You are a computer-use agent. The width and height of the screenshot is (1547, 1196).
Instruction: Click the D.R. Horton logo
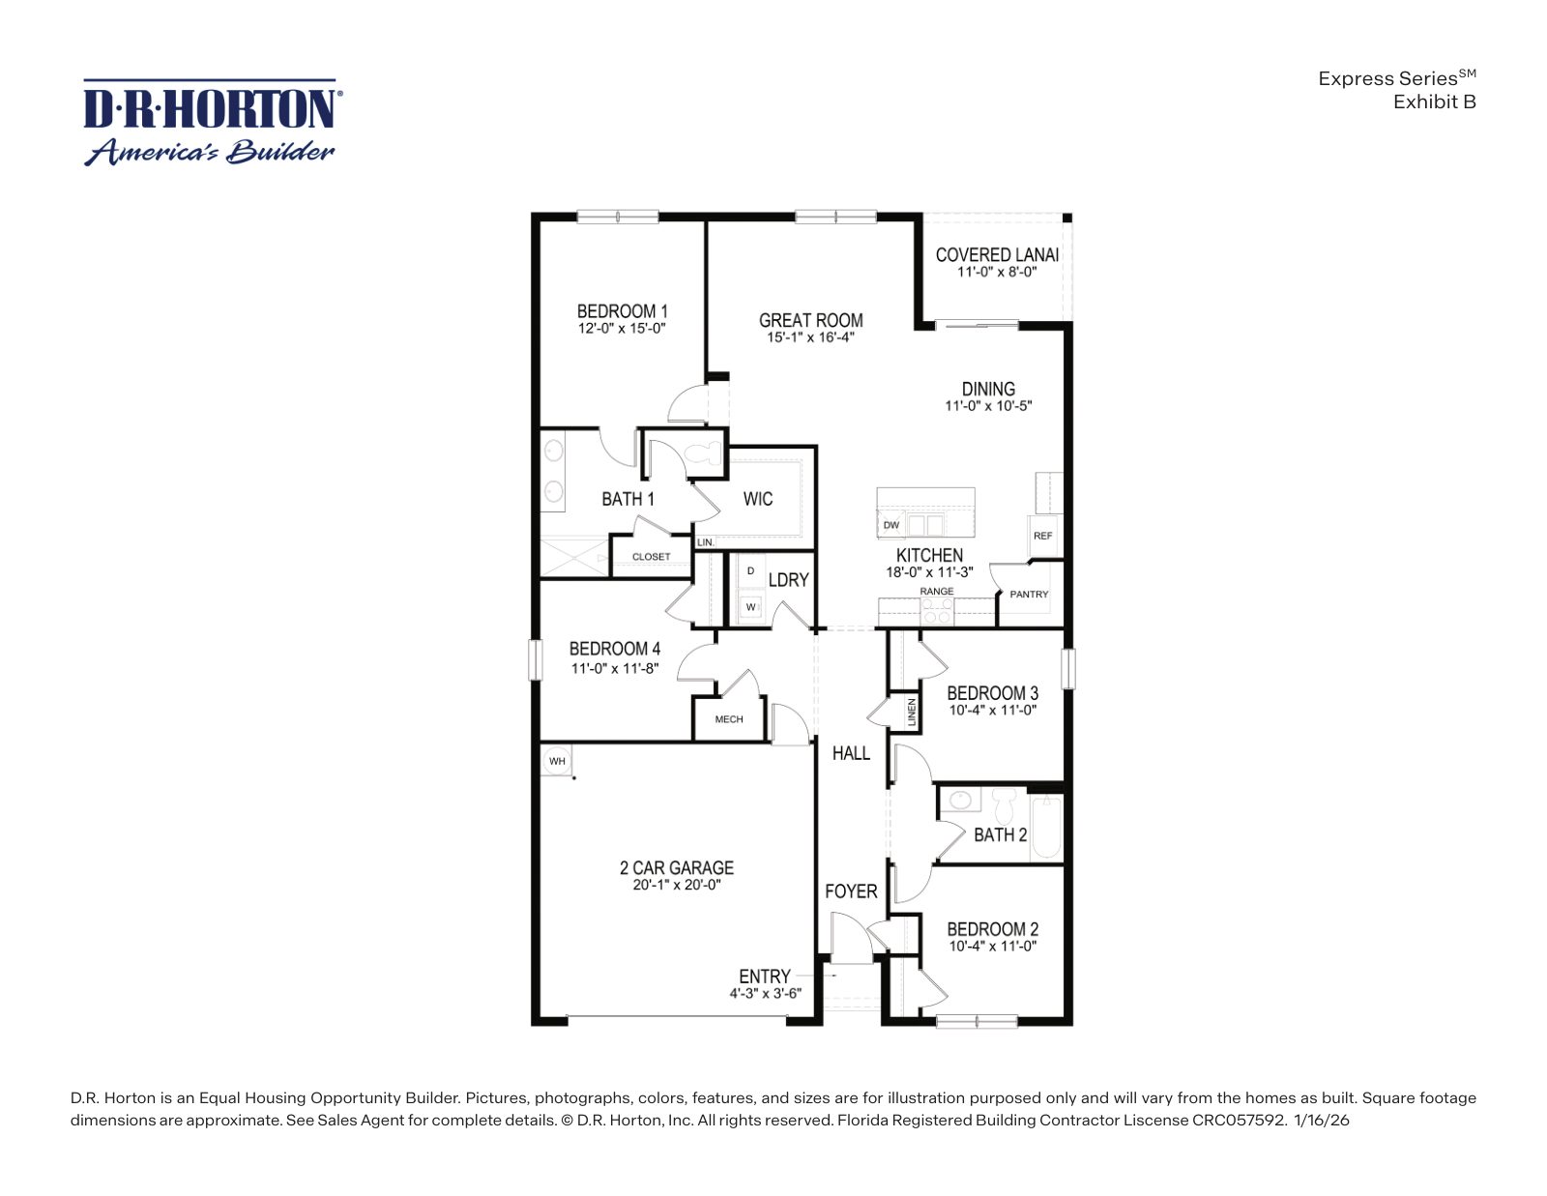212,122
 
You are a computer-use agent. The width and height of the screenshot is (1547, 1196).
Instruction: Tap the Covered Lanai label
997,255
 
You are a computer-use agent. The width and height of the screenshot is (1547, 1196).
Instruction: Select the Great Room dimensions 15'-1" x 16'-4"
810,337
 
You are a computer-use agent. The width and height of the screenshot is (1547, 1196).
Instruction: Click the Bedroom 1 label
622,311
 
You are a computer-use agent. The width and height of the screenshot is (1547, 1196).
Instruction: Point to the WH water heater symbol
557,761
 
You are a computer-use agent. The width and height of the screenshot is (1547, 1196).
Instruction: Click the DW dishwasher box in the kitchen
890,525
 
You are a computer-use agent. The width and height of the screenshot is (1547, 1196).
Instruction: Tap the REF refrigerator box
1043,536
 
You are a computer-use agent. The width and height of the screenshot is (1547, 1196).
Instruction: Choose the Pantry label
1029,594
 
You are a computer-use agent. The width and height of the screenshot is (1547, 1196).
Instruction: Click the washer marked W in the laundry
750,607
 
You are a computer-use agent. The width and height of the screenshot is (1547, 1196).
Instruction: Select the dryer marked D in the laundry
750,571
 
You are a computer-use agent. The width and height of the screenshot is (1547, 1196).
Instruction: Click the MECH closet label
728,719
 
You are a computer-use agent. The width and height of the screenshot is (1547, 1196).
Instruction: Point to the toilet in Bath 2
1004,803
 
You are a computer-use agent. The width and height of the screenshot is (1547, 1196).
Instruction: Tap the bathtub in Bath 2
1046,828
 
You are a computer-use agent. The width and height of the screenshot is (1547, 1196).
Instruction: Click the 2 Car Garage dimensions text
676,885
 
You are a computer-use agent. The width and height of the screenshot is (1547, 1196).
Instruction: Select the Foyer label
851,891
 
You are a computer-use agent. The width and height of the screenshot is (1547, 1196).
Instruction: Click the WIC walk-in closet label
757,499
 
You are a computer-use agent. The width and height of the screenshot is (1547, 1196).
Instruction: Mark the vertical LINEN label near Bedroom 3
912,712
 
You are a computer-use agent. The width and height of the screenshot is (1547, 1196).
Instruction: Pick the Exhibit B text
1434,102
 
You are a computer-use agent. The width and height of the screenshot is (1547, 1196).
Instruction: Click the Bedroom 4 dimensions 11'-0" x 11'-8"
614,668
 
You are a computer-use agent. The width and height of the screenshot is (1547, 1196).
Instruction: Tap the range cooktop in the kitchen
937,610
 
